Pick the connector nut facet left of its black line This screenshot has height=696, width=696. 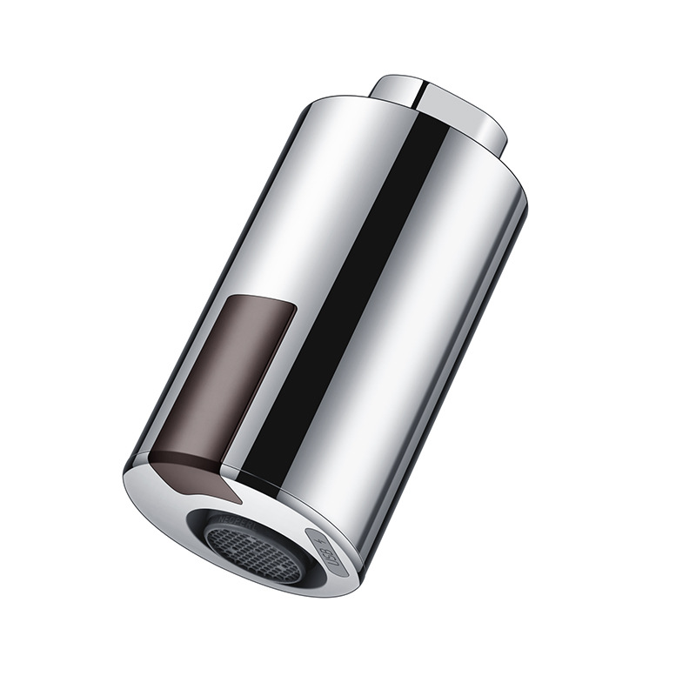(x=396, y=90)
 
